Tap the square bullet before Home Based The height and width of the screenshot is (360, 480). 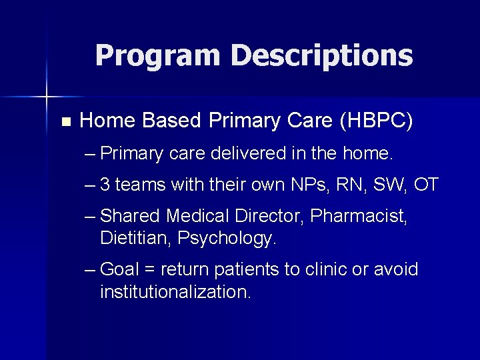point(65,122)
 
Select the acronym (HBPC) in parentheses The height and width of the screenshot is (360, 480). point(376,121)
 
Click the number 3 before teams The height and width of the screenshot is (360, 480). point(105,185)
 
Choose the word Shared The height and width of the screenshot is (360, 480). point(130,216)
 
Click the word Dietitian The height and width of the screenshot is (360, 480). point(135,238)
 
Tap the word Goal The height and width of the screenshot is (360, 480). point(119,270)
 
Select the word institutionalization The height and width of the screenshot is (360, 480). point(175,292)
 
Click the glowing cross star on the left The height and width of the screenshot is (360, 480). point(46,97)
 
